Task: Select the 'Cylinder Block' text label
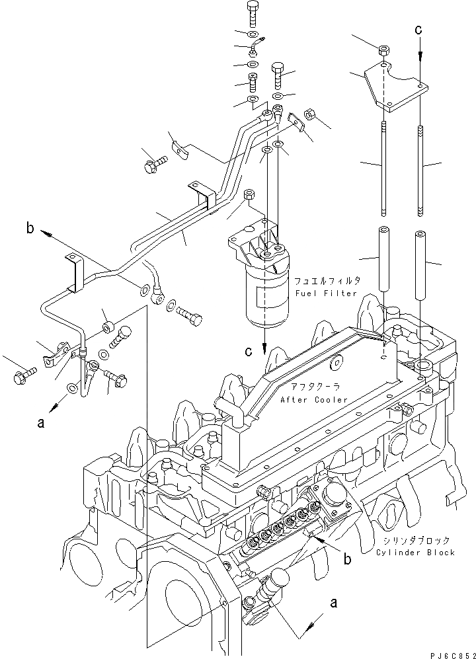[x=415, y=553]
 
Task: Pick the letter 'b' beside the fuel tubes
[x=29, y=229]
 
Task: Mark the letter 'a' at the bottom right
[x=335, y=602]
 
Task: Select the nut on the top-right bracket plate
[x=384, y=50]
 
